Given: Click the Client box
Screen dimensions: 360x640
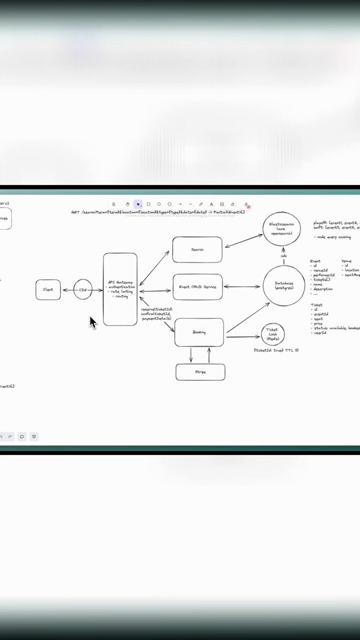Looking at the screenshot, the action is (48, 290).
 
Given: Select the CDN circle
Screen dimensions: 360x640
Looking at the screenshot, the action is (83, 290).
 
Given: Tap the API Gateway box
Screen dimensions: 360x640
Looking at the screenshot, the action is (120, 289).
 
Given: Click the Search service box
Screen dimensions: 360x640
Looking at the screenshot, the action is (197, 250).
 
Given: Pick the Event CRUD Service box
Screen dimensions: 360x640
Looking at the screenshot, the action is (197, 287).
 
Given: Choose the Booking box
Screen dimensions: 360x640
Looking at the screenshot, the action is (198, 332).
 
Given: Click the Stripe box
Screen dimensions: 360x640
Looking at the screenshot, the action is (200, 372).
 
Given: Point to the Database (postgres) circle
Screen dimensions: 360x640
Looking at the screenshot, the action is (284, 286).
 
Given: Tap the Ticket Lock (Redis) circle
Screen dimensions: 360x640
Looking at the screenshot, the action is (273, 334).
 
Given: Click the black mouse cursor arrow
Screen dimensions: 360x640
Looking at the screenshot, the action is (92, 322).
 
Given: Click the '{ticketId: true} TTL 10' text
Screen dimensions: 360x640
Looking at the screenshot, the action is (276, 350).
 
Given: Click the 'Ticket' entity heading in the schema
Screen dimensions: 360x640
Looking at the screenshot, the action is (316, 305).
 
